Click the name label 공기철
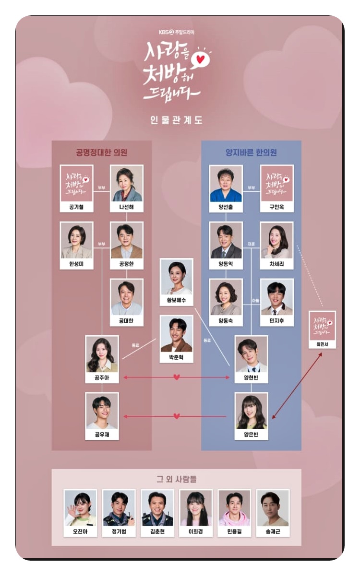[x=77, y=208]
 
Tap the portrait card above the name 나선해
[x=127, y=183]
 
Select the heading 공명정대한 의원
[x=101, y=153]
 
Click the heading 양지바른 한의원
[x=251, y=153]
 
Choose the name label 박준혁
[x=177, y=358]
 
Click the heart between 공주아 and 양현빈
[x=177, y=377]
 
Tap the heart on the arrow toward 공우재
[x=177, y=416]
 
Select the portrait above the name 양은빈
[x=252, y=411]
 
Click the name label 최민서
[x=323, y=344]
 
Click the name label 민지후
[x=276, y=320]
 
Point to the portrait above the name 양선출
[x=226, y=183]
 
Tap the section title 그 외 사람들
[x=176, y=479]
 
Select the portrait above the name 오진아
[x=81, y=508]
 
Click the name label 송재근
[x=273, y=532]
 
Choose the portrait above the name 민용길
[x=234, y=508]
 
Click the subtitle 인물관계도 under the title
[x=176, y=120]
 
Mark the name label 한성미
[x=77, y=264]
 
